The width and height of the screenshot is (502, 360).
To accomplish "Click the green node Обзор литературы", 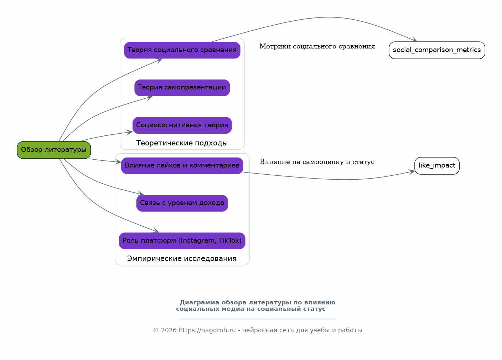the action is [x=54, y=150].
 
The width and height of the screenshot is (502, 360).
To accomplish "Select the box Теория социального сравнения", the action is [x=182, y=50].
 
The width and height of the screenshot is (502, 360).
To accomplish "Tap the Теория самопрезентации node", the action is [x=182, y=88].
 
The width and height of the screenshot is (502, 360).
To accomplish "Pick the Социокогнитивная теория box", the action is [x=182, y=125].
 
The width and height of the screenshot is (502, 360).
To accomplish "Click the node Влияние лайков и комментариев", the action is [x=182, y=166].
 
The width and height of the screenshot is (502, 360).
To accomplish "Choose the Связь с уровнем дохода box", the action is [x=182, y=203].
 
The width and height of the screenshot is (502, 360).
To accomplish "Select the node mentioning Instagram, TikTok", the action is [x=182, y=241].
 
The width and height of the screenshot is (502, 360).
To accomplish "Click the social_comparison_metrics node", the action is [x=437, y=50].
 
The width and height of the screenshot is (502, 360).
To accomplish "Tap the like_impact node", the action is [x=437, y=166].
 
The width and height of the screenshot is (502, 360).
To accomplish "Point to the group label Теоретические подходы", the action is [x=182, y=143].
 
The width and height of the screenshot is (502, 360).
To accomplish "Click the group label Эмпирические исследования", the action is [x=182, y=259].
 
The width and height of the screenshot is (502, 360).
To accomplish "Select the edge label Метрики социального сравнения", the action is [x=317, y=46].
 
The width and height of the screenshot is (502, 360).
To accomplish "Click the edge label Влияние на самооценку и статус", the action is [x=317, y=162].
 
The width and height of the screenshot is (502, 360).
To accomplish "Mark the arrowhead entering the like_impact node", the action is [x=412, y=172].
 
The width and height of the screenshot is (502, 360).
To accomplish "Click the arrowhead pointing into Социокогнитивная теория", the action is [x=130, y=132].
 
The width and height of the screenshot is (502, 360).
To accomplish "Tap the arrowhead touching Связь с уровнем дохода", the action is [x=140, y=194].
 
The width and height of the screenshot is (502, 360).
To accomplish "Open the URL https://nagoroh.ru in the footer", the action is [x=207, y=330].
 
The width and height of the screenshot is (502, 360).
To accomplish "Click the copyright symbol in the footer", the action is [x=156, y=330].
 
